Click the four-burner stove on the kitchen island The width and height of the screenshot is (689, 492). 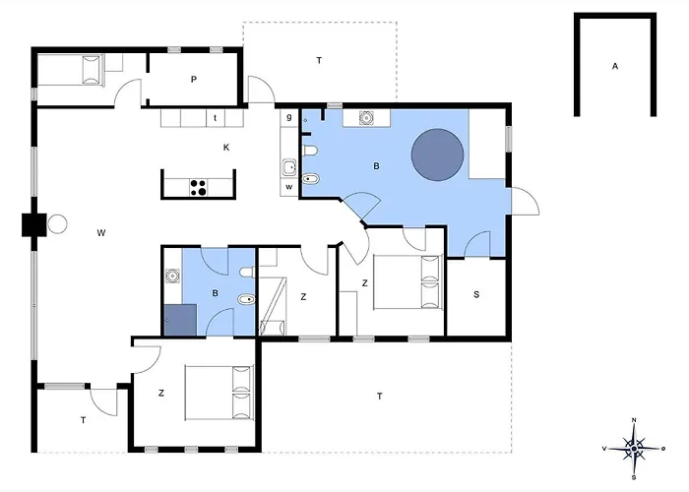point(198,188)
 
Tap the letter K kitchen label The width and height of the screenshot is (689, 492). point(226,148)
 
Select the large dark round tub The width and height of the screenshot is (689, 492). point(437,154)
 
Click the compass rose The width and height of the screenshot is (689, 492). point(634,449)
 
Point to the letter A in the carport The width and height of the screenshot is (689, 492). point(615,66)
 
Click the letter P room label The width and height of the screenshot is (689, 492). point(194,80)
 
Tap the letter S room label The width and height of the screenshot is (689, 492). point(476,295)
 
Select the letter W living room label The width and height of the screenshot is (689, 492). point(101,233)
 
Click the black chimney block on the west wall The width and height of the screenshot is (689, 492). point(34,225)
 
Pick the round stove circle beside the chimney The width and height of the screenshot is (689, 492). point(57,224)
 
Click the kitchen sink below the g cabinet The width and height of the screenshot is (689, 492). point(289,168)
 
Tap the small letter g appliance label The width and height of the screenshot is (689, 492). point(289,117)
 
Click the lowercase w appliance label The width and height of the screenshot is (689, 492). point(289,187)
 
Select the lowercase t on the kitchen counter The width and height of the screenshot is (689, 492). point(216,118)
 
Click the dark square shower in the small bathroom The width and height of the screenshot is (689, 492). point(180,320)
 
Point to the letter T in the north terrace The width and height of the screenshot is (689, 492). point(319,60)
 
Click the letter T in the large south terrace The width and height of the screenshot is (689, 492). point(380,397)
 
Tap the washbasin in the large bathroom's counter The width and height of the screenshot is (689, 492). point(366,118)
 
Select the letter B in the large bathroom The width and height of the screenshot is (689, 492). point(376,166)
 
